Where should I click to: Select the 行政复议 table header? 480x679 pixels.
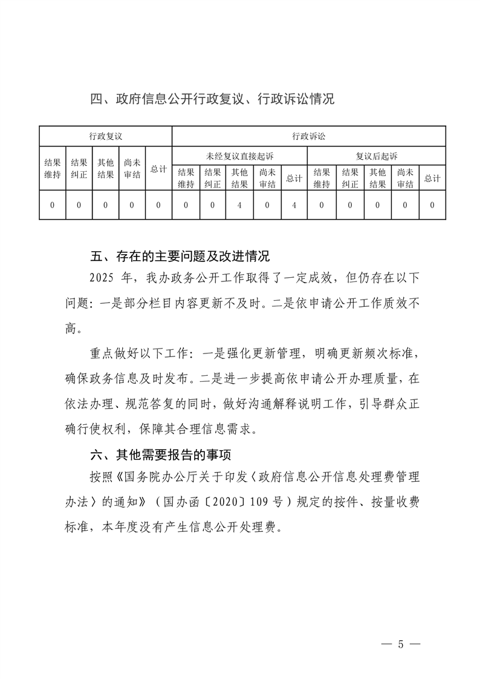[x=105, y=136]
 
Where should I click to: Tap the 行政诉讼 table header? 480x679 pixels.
[x=309, y=136]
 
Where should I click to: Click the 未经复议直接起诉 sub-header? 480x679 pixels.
[x=239, y=156]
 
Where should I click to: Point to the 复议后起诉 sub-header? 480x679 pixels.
[x=377, y=156]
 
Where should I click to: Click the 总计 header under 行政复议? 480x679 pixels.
[x=158, y=169]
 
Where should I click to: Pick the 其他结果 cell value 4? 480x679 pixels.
[x=240, y=205]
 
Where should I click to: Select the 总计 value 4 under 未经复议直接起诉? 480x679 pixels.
[x=294, y=205]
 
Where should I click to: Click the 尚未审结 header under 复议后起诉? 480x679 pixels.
[x=405, y=178]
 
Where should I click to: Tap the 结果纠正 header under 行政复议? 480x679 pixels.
[x=79, y=169]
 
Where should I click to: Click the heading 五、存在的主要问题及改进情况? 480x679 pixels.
[x=180, y=257]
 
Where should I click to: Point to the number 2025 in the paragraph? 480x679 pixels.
[x=102, y=278]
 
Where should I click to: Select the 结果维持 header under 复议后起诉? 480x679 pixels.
[x=322, y=178]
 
